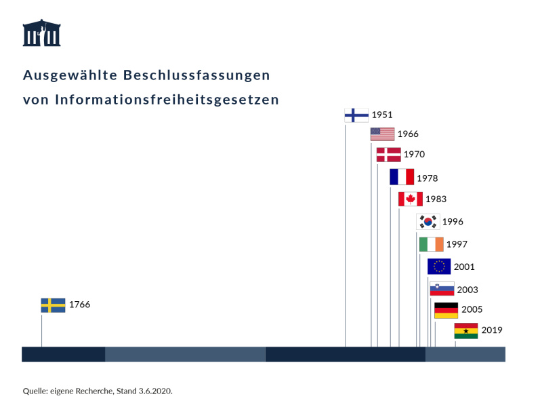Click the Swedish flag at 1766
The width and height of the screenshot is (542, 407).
tap(53, 305)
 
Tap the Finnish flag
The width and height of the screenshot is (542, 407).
tap(356, 115)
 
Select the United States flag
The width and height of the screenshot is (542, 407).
tap(382, 134)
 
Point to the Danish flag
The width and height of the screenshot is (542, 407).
tap(388, 154)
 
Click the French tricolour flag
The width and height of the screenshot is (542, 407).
tap(401, 177)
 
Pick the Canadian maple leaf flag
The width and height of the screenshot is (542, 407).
tap(411, 199)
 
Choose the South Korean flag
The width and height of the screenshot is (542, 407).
tap(428, 221)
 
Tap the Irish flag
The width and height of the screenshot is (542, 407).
tap(431, 244)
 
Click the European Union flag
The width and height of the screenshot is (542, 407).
tap(439, 266)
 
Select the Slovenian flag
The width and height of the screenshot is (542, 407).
tap(442, 289)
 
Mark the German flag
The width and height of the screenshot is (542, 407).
tap(446, 310)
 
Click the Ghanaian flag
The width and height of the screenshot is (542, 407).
tap(466, 331)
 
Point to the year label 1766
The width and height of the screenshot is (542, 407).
tap(79, 305)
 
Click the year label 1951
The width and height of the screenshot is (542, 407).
tap(382, 115)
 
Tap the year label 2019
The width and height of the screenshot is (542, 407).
tap(492, 330)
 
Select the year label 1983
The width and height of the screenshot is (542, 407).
tap(436, 199)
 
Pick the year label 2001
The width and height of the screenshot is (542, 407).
tap(464, 267)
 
